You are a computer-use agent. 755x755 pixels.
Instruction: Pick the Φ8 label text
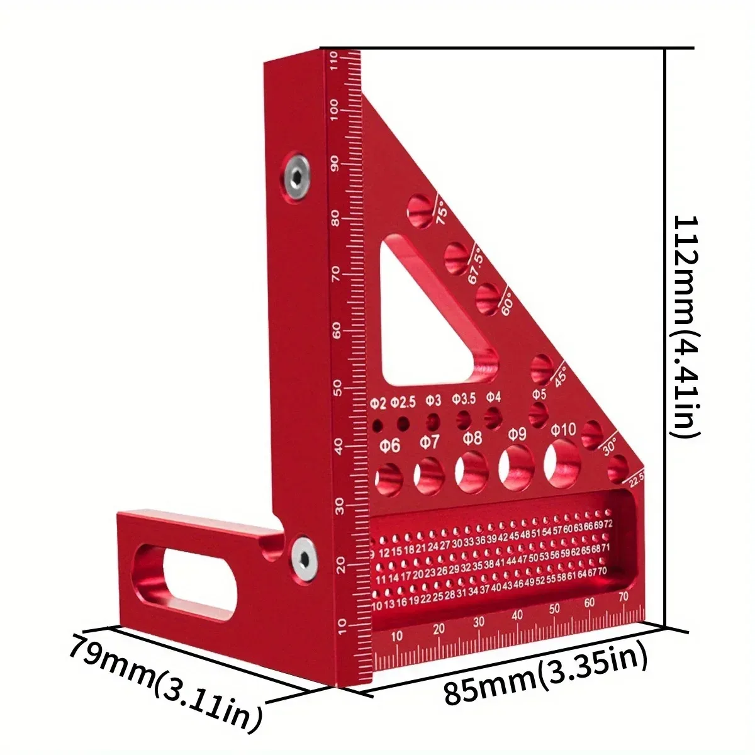pos(472,438)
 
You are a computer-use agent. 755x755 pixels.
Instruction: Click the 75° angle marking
pos(442,212)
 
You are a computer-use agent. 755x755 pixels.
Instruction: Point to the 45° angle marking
pos(561,375)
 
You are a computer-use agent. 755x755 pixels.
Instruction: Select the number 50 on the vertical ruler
pos(337,386)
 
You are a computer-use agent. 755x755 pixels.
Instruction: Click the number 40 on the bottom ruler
pos(517,615)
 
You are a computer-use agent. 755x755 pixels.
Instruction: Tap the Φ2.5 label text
pos(403,401)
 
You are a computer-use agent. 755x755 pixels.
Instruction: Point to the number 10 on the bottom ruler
pos(396,637)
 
